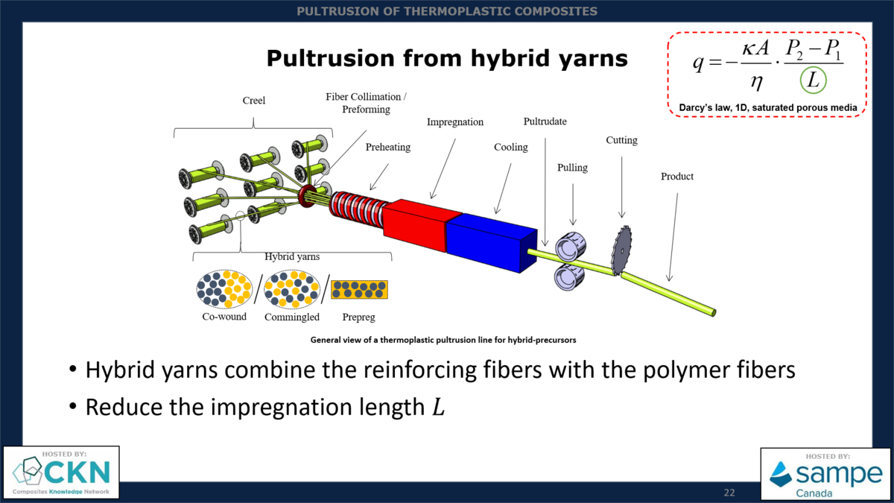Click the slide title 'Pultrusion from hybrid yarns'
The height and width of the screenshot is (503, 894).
tap(447, 58)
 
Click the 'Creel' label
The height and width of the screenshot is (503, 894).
tap(253, 101)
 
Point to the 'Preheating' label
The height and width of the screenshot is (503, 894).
tap(387, 148)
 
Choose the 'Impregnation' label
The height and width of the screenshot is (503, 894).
tap(454, 122)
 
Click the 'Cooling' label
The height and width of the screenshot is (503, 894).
tap(510, 148)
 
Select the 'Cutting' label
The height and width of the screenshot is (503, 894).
tap(621, 140)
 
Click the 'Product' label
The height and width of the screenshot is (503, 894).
tap(676, 177)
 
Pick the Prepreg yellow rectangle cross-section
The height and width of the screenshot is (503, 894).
tap(359, 290)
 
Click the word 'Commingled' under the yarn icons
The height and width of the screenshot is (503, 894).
tap(292, 317)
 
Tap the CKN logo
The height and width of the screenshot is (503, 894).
tap(61, 472)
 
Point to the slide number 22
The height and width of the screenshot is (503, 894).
tap(729, 493)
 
